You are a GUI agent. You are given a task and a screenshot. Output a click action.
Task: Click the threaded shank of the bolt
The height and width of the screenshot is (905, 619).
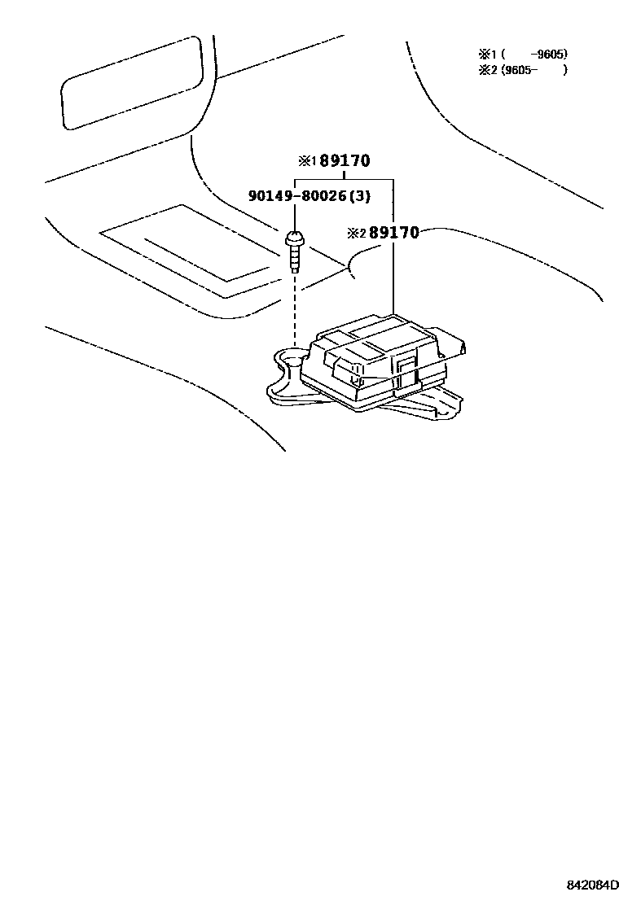(x=294, y=260)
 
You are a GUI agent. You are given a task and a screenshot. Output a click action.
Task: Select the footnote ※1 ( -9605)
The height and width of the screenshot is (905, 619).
(x=522, y=55)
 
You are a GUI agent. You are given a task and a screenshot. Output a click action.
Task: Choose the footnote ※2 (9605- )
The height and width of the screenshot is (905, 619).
(x=522, y=70)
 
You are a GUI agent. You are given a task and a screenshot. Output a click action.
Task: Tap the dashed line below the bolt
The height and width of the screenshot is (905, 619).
(x=294, y=313)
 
